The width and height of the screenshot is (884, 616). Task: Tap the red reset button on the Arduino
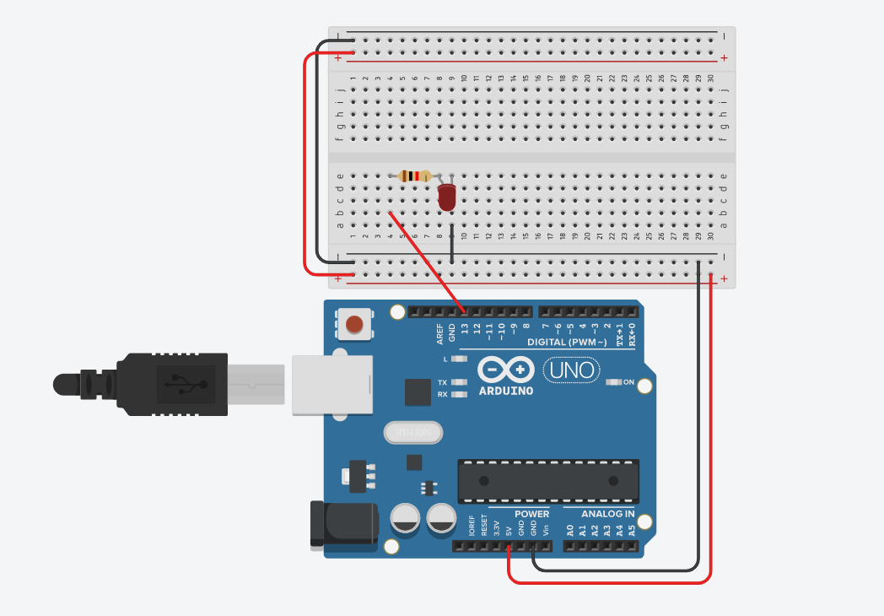click(356, 324)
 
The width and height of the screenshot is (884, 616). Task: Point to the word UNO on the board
click(573, 370)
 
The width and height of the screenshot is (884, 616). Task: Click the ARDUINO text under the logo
click(506, 391)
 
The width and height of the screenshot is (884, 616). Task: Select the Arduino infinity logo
click(506, 370)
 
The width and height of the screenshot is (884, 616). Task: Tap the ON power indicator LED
click(613, 382)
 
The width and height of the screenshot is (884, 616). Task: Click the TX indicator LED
click(459, 382)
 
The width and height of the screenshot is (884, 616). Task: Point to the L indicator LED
click(459, 359)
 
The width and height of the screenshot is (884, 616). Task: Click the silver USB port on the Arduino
click(331, 385)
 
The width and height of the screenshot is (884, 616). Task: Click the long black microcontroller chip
click(547, 480)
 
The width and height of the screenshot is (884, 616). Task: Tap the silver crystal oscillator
click(412, 433)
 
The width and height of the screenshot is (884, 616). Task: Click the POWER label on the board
click(531, 514)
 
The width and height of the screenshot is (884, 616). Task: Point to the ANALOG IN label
click(607, 514)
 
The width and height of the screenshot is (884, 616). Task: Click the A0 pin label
click(570, 530)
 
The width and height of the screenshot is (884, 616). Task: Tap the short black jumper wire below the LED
click(452, 245)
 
